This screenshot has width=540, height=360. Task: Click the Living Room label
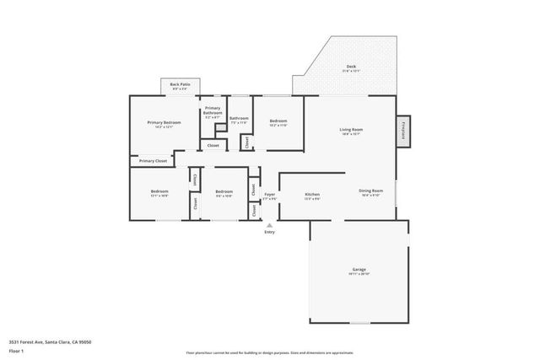tap(350, 130)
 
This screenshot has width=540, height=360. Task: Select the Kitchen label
tap(311, 195)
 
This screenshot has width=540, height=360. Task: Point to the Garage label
tap(359, 270)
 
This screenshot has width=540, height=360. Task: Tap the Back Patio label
tap(180, 84)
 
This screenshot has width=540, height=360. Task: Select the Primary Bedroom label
tap(164, 123)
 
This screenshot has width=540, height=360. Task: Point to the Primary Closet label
tap(154, 160)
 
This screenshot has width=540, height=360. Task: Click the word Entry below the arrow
tap(270, 234)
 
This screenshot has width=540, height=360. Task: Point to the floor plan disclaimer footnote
tap(270, 352)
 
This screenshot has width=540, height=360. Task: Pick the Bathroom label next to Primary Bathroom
tap(240, 119)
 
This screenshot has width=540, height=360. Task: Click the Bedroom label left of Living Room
tap(278, 121)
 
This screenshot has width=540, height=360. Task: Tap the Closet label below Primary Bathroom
tap(213, 145)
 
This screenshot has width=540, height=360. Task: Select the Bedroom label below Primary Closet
tap(159, 192)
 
